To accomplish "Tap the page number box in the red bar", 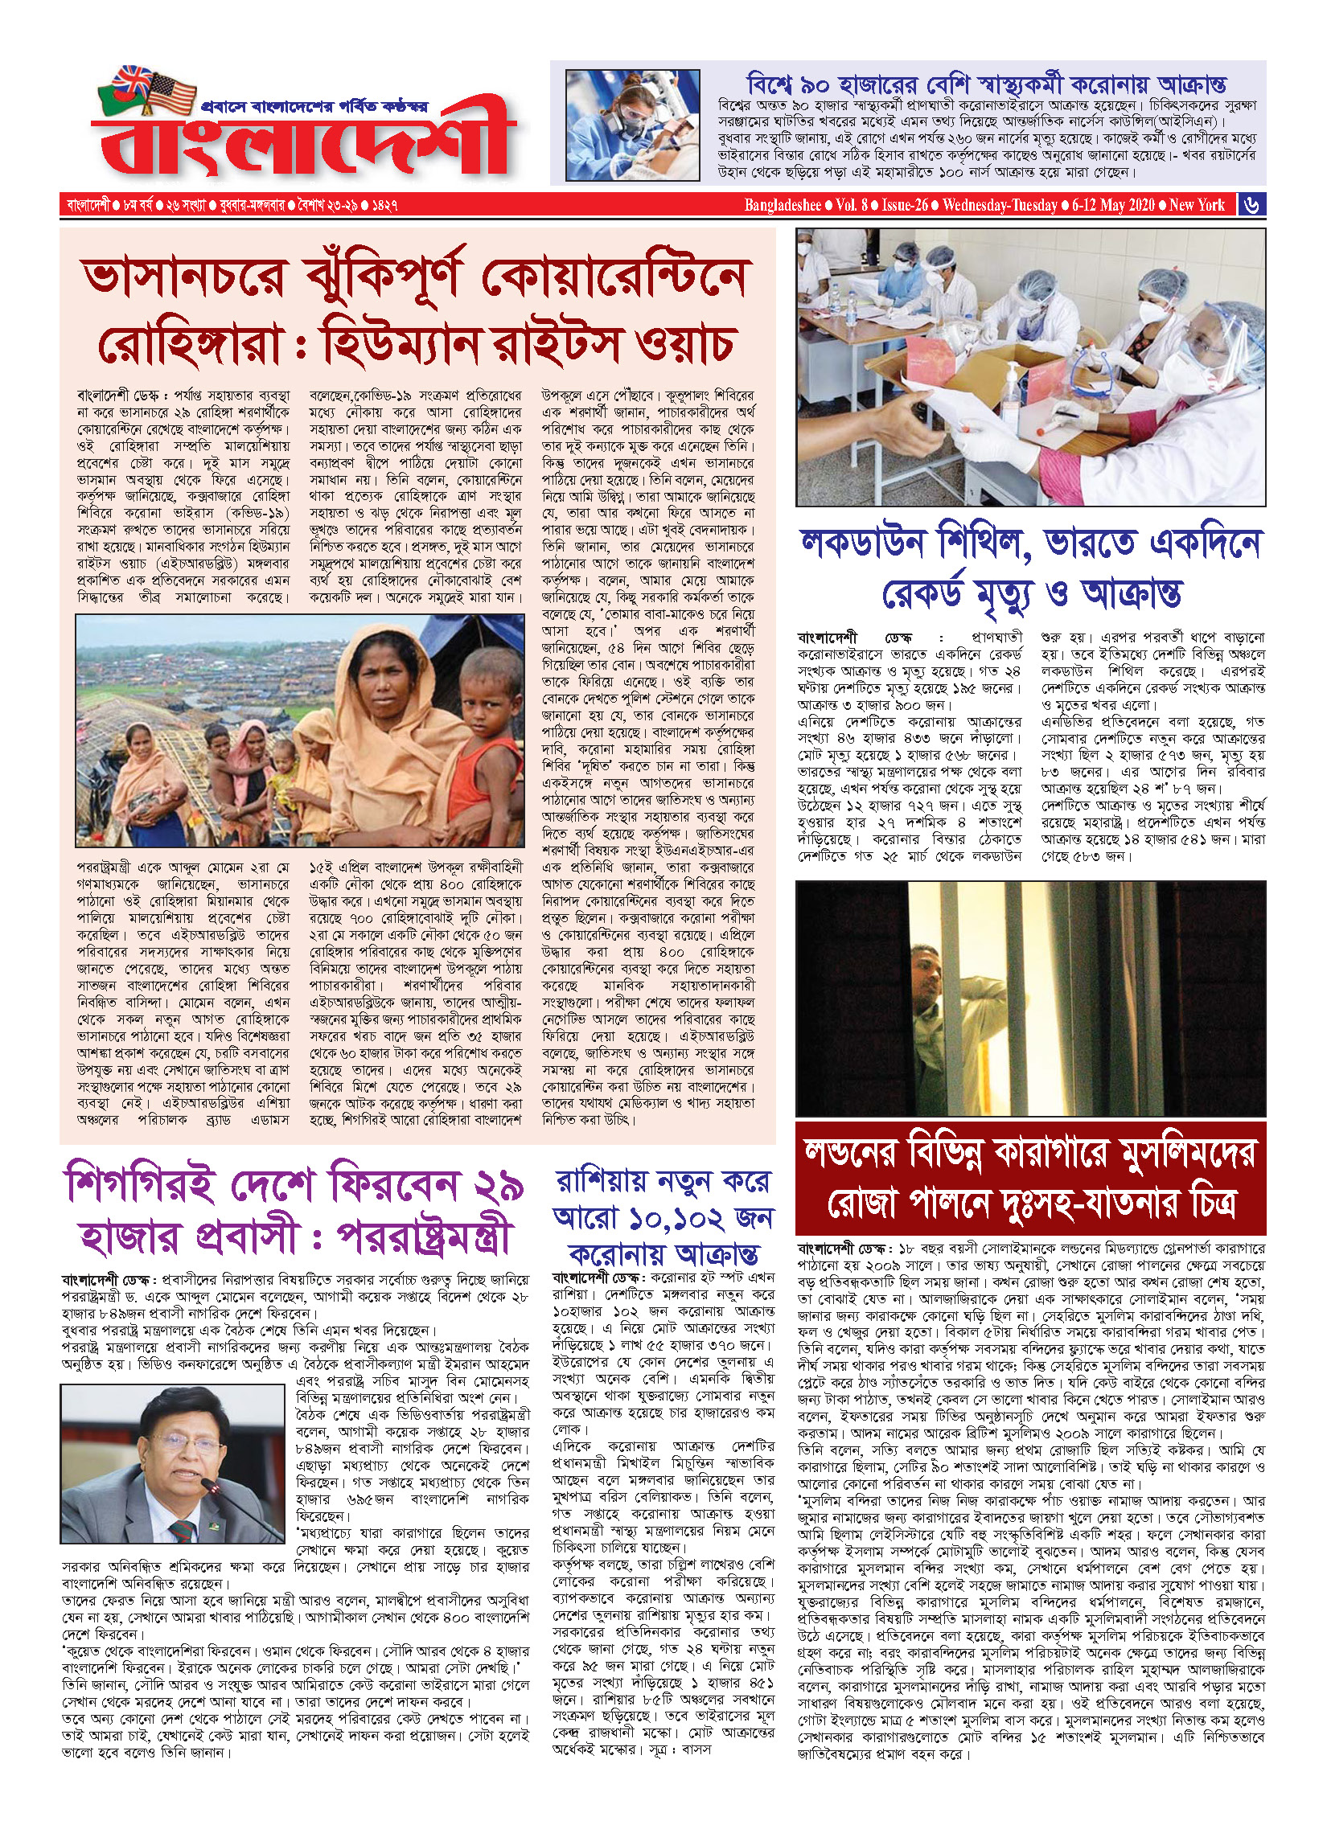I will [1251, 204].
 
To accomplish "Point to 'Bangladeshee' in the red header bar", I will [782, 205].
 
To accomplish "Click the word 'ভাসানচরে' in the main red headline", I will [184, 277].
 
